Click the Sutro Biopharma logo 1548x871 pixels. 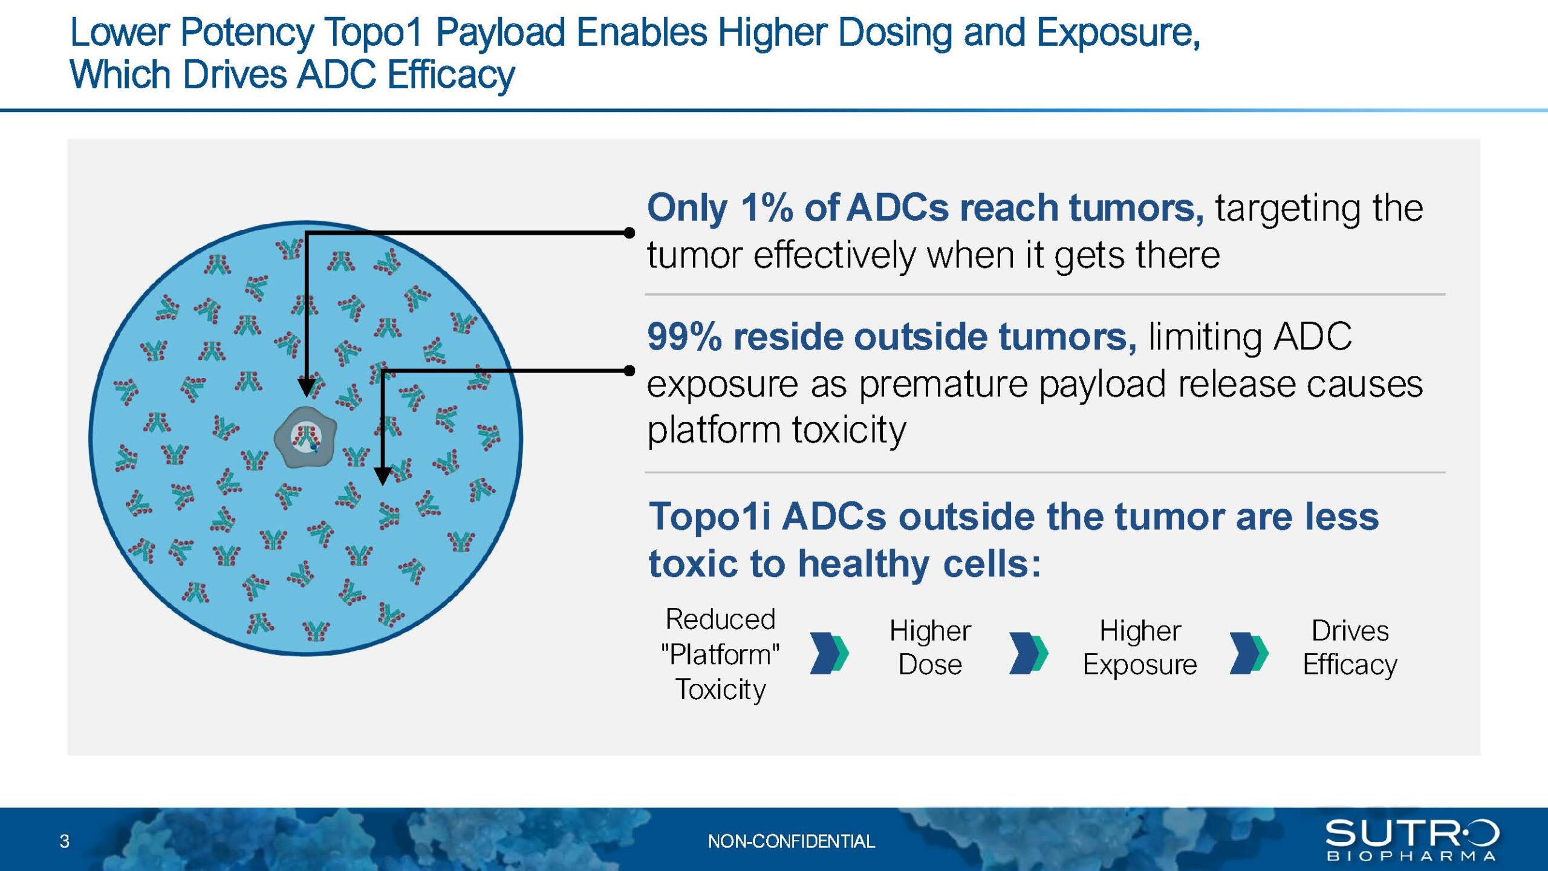click(1413, 840)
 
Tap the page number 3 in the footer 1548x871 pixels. click(65, 841)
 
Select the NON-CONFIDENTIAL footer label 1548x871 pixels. click(791, 841)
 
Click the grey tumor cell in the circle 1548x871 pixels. click(305, 437)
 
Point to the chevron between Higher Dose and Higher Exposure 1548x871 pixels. click(1029, 653)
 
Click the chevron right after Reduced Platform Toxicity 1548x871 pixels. click(830, 653)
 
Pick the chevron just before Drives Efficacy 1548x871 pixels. click(1249, 653)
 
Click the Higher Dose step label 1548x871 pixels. click(930, 648)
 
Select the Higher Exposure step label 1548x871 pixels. click(1140, 648)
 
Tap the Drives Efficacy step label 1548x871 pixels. click(1350, 648)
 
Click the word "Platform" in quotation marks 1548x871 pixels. click(720, 654)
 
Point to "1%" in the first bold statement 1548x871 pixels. click(767, 207)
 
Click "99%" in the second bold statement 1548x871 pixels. click(684, 336)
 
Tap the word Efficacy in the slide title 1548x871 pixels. click(451, 76)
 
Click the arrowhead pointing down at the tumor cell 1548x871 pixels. click(307, 387)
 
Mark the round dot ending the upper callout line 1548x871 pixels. click(629, 232)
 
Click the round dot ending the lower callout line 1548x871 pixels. click(629, 370)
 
